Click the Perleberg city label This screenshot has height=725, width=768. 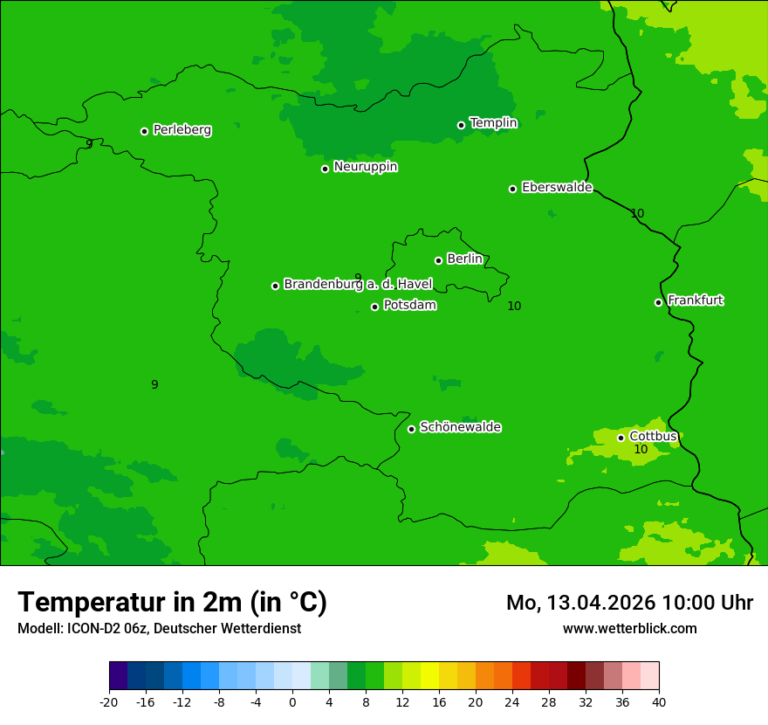click(x=182, y=130)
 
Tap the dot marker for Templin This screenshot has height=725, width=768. click(x=461, y=125)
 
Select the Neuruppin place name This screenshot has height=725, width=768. click(x=365, y=167)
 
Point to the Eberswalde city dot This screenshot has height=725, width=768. click(x=512, y=189)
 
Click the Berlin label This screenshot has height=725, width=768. click(x=464, y=259)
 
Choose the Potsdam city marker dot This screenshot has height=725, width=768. click(x=374, y=307)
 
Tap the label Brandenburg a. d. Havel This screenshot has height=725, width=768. click(x=358, y=285)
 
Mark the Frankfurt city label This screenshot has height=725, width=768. click(x=695, y=300)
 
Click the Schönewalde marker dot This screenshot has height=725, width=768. click(x=411, y=429)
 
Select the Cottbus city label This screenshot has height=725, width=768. click(x=653, y=436)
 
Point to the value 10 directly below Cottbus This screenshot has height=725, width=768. click(x=641, y=450)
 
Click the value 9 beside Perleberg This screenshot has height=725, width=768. click(x=89, y=144)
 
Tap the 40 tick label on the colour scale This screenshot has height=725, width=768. click(x=659, y=701)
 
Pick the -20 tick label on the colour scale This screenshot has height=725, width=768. click(x=108, y=701)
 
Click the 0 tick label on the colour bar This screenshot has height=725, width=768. click(x=292, y=701)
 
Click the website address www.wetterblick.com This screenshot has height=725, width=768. click(x=629, y=628)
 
